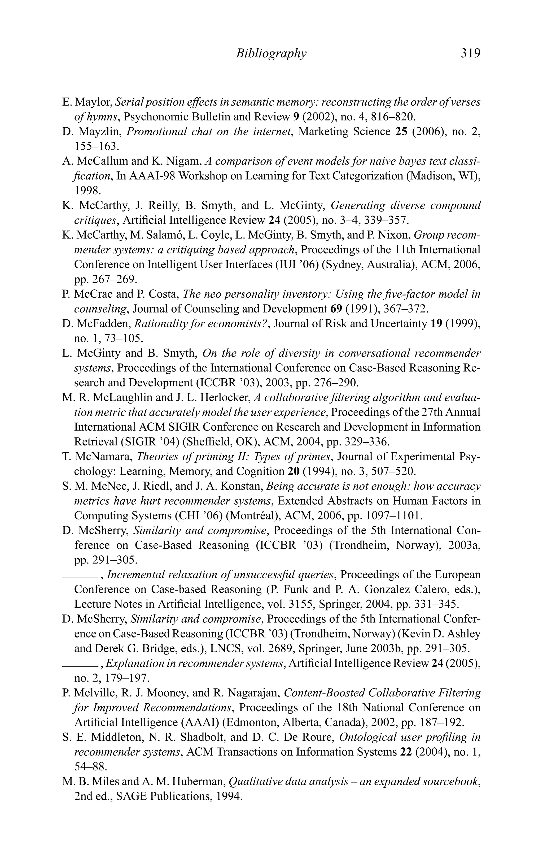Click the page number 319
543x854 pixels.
(x=470, y=53)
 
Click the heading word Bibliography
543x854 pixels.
(x=271, y=53)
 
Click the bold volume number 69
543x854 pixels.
(x=336, y=309)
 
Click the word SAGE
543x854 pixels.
(x=132, y=796)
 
